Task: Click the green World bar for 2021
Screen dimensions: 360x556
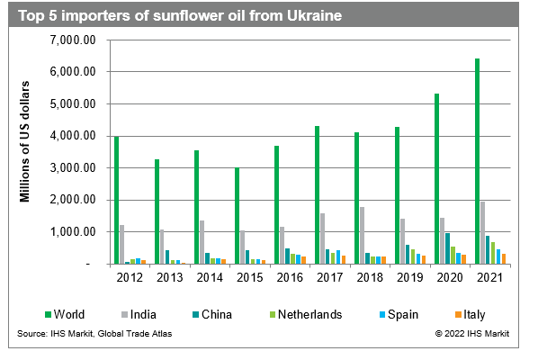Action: tap(477, 162)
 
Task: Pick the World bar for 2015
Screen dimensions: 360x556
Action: tap(237, 216)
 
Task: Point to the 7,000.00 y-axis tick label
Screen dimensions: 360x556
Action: tap(75, 40)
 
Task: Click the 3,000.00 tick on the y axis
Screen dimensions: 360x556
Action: tap(75, 168)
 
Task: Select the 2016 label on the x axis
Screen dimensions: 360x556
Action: tap(290, 276)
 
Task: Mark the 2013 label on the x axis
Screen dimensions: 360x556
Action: tap(170, 276)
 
